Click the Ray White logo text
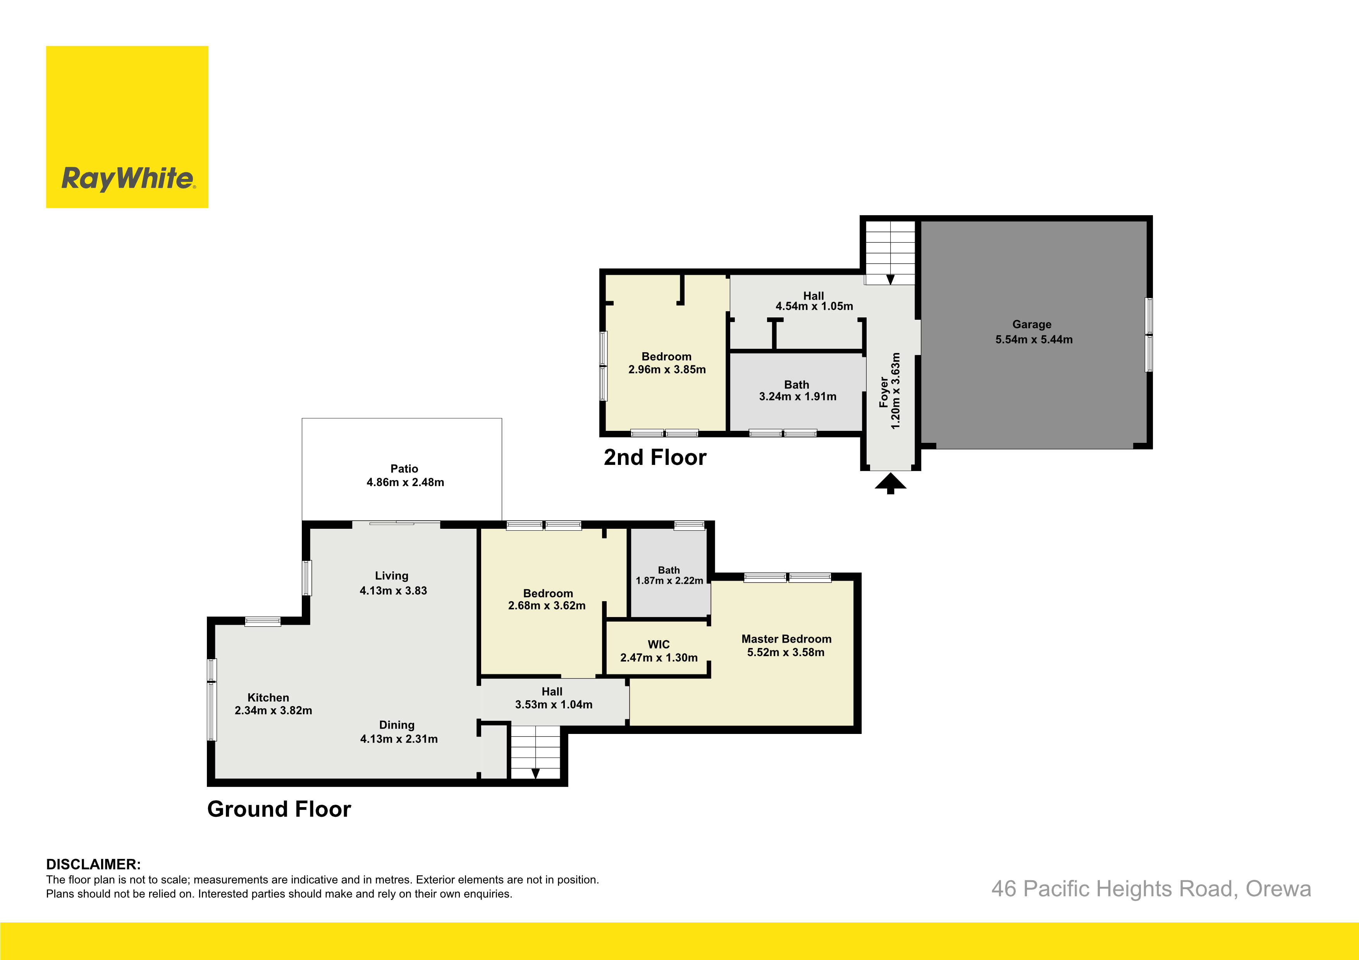129,178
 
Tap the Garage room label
1032,324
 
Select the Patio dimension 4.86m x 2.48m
405,482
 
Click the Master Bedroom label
786,639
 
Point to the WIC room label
659,644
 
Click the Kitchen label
268,698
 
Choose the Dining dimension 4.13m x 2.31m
399,739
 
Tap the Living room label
391,576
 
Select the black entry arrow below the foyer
890,483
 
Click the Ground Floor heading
279,809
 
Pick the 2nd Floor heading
655,457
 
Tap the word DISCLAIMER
93,864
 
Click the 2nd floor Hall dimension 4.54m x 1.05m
814,306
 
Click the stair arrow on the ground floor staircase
535,773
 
